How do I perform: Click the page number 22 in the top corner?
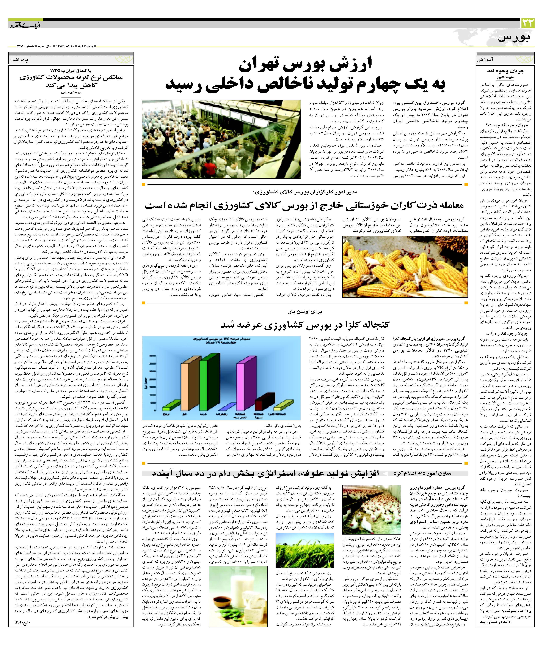click(x=528, y=23)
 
